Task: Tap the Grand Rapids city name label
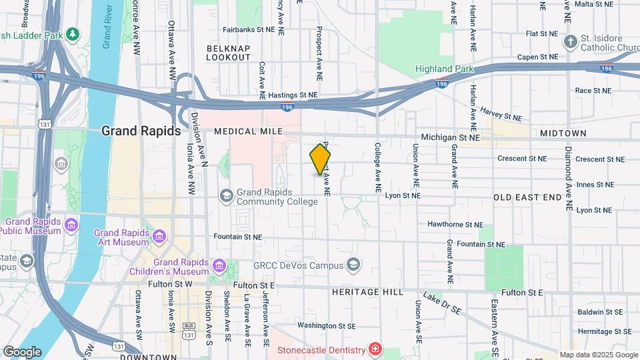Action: pyautogui.click(x=141, y=131)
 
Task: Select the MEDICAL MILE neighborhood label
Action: pyautogui.click(x=248, y=131)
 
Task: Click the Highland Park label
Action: pyautogui.click(x=444, y=69)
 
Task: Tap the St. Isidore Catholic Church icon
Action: pyautogui.click(x=569, y=43)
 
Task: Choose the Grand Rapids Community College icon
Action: pyautogui.click(x=227, y=194)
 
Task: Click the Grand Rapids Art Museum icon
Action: pyautogui.click(x=159, y=237)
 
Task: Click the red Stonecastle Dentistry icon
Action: pyautogui.click(x=376, y=349)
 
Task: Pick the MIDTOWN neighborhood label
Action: pyautogui.click(x=563, y=133)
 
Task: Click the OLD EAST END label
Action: pyautogui.click(x=527, y=197)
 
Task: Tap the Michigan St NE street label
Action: pyautogui.click(x=456, y=137)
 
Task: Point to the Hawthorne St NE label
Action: pyautogui.click(x=455, y=225)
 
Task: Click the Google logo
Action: pyautogui.click(x=22, y=351)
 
